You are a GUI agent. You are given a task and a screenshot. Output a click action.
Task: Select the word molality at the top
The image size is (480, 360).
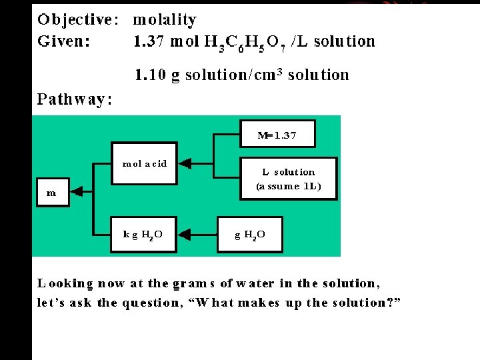click(x=165, y=20)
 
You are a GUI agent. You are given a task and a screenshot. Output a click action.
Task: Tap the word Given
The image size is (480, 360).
click(x=65, y=41)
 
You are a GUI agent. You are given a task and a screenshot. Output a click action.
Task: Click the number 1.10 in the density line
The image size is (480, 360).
click(x=151, y=75)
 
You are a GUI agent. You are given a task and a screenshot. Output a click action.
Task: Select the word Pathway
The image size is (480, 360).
click(x=74, y=100)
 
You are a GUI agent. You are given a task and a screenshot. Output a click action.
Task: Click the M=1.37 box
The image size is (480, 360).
click(x=277, y=135)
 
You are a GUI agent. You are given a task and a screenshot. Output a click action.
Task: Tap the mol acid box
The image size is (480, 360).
click(x=144, y=163)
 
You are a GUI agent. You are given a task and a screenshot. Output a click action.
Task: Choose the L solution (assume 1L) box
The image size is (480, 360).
click(x=289, y=179)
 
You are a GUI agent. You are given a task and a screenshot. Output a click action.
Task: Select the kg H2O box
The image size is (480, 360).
click(x=143, y=234)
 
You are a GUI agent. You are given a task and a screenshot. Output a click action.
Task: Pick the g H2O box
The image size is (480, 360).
click(x=250, y=234)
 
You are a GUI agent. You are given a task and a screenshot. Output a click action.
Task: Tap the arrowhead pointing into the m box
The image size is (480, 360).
click(x=75, y=192)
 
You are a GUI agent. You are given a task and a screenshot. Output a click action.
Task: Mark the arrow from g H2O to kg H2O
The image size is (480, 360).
click(x=197, y=234)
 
